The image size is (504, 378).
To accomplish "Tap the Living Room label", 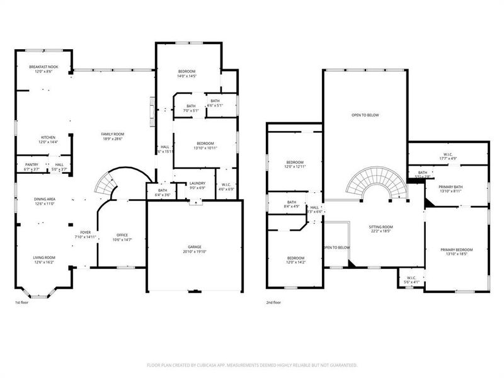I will click(x=45, y=260).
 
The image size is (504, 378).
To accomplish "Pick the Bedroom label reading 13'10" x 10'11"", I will click(x=205, y=146).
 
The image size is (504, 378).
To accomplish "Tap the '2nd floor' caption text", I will click(x=273, y=303).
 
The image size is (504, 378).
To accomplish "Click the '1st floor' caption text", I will click(x=22, y=303).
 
